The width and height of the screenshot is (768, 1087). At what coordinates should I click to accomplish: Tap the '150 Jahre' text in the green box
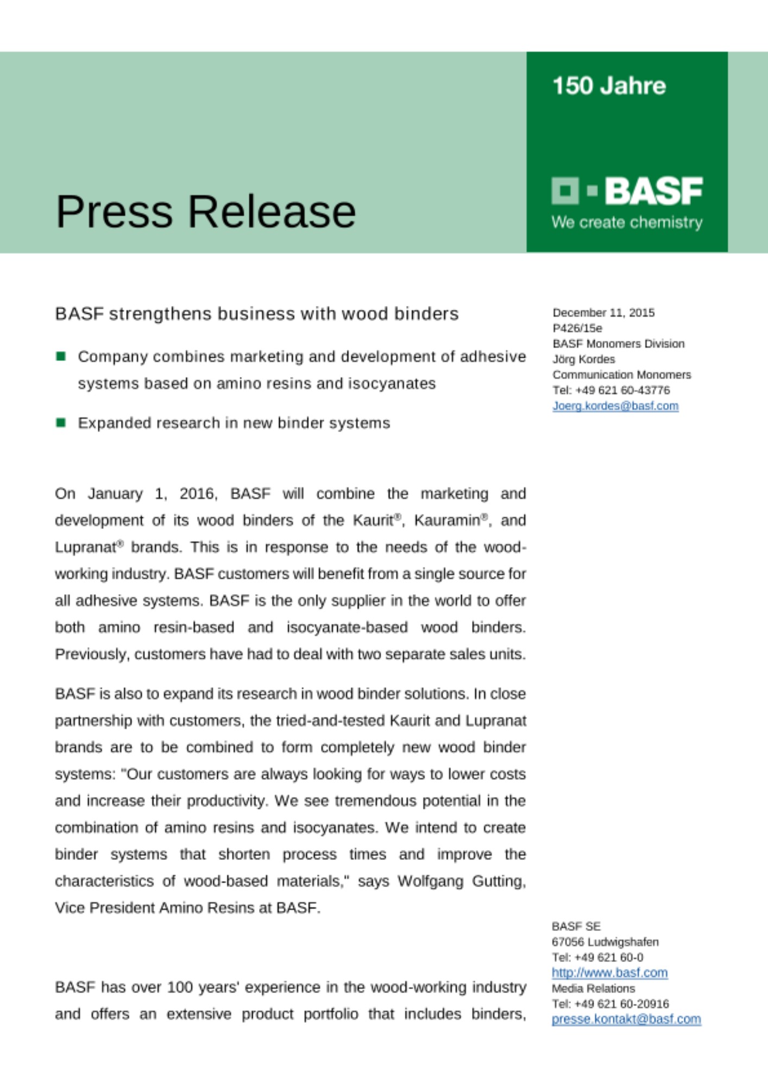609,86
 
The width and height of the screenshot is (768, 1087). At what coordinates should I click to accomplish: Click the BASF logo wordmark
653,191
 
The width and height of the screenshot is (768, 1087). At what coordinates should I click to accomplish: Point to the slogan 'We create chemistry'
627,222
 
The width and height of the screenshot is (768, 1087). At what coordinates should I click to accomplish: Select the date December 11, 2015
603,313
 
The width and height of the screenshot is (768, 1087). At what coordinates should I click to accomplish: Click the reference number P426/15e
577,328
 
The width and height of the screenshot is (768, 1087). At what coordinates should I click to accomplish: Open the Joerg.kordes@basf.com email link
615,406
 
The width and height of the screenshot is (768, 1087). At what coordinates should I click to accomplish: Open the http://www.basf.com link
609,973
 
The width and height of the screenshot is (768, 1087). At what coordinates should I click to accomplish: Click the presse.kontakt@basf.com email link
626,1019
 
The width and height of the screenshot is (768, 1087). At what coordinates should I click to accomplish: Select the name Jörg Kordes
583,359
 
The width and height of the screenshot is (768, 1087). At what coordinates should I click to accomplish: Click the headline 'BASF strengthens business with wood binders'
256,314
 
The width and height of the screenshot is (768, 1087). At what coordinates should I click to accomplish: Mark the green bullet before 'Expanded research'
61,422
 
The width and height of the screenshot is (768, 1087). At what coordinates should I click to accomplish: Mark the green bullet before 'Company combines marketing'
61,357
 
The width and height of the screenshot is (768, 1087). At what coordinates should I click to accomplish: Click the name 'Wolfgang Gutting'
461,881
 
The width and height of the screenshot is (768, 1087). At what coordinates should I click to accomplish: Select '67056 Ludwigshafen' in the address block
605,942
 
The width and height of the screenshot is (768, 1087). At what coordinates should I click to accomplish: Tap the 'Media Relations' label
593,988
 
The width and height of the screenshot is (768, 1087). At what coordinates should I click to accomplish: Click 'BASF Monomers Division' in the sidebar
618,343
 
